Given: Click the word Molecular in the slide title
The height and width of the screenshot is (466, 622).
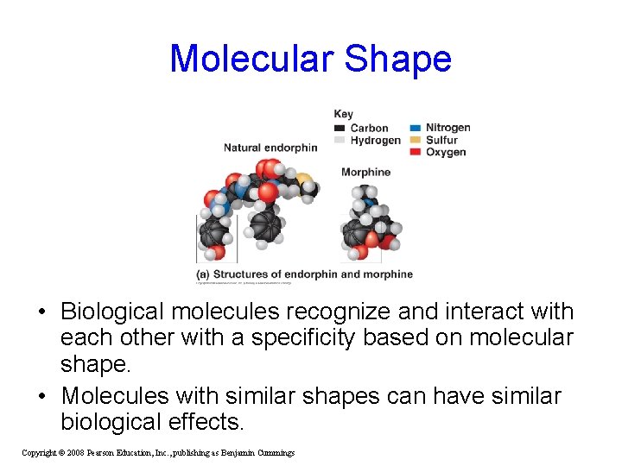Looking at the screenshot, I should tap(251, 60).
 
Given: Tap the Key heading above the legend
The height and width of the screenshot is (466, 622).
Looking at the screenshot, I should tap(343, 114).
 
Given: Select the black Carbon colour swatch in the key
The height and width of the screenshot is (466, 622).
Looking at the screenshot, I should tap(340, 129).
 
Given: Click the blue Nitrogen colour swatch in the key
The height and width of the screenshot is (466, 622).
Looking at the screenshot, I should tap(416, 128).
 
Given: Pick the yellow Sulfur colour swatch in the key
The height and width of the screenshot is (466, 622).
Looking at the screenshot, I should tap(416, 140).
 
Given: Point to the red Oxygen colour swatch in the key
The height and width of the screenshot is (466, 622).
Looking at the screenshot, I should tap(416, 152).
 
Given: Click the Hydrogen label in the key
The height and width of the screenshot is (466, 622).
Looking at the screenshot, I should tap(376, 140).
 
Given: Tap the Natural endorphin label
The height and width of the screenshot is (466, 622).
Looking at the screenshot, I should tap(270, 148).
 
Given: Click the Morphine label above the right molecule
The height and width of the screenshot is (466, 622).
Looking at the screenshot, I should tap(365, 172).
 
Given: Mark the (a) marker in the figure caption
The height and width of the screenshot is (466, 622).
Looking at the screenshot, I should tap(203, 274).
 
